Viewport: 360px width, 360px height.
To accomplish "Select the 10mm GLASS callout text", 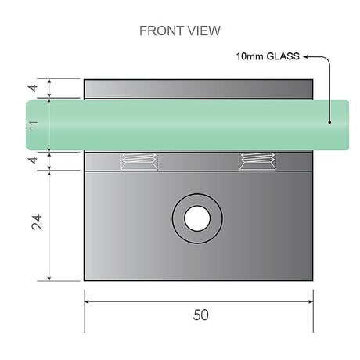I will pos(267,56).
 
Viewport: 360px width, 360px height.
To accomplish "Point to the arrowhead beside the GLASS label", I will pos(307,56).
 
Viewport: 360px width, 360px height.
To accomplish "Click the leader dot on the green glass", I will pos(329,121).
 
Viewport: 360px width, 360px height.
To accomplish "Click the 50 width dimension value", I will pos(200,315).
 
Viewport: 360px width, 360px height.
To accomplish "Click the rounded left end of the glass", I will pos(30,124).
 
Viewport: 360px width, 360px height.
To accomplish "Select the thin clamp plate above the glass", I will pos(199,88).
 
